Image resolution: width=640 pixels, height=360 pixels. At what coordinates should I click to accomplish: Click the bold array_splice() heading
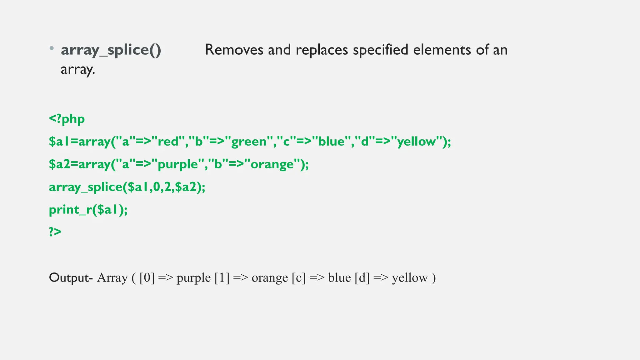pyautogui.click(x=111, y=50)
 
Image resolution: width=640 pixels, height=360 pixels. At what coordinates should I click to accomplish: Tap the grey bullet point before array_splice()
pyautogui.click(x=52, y=49)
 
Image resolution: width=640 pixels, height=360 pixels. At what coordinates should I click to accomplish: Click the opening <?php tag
pyautogui.click(x=67, y=119)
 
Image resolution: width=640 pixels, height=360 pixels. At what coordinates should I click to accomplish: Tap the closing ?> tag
pyautogui.click(x=55, y=232)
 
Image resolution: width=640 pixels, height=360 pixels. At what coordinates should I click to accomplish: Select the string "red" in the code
pyautogui.click(x=168, y=142)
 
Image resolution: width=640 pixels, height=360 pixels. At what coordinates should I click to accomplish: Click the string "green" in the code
pyautogui.click(x=249, y=142)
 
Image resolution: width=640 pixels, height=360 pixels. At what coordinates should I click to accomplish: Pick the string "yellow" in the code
pyautogui.click(x=416, y=142)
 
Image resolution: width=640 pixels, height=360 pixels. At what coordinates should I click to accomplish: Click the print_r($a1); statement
pyautogui.click(x=88, y=210)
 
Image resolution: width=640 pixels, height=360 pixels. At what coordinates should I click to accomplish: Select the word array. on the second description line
pyautogui.click(x=78, y=69)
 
